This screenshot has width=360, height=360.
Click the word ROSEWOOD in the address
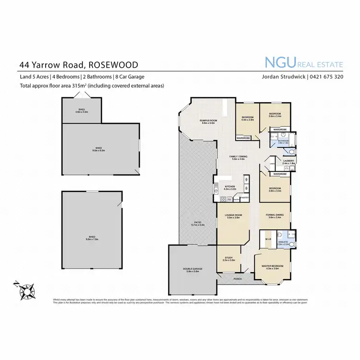coord(113,64)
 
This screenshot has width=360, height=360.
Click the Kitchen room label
coord(229,187)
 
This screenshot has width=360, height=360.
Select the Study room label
coord(228,259)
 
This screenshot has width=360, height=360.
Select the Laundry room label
coord(288,162)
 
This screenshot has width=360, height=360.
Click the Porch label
coord(237,278)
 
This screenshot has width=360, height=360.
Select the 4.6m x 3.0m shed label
coord(82,111)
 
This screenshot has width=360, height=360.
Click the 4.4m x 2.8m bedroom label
coord(248,119)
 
